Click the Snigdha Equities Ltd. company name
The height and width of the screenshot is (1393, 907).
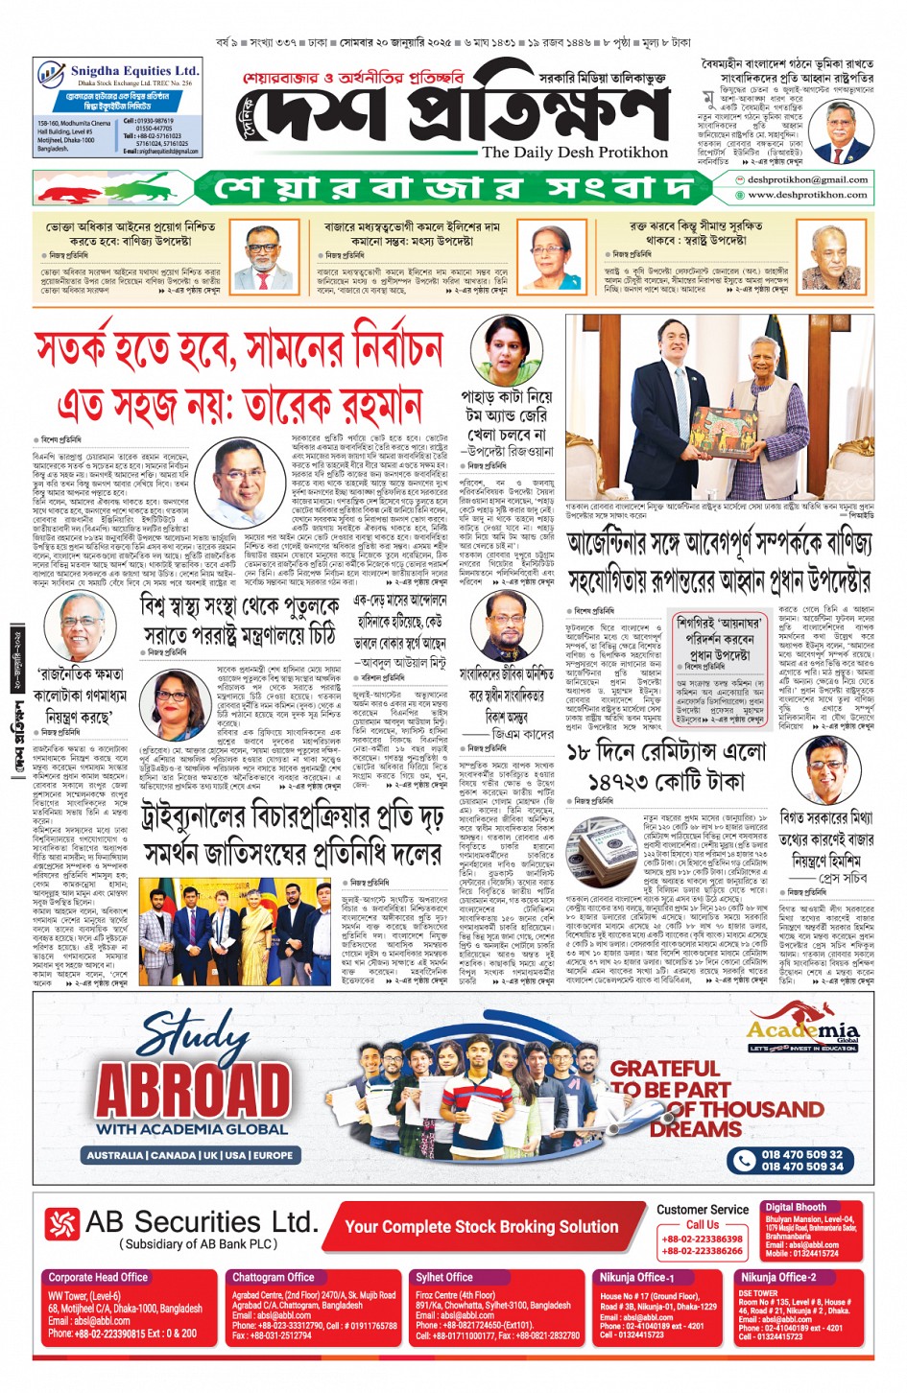coord(134,71)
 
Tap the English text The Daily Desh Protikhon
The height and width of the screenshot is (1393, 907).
coord(574,152)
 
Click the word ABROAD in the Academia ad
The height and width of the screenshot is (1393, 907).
coord(193,1091)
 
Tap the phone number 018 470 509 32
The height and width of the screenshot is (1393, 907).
coord(801,1154)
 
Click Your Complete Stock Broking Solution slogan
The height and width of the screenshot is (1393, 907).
coord(481,1226)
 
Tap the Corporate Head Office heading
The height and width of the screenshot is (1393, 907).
coord(98,1277)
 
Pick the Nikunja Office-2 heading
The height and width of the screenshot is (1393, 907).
coord(777,1277)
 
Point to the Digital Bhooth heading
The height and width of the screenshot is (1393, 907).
coord(796,1207)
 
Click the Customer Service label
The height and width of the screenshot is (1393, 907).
coord(703,1210)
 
